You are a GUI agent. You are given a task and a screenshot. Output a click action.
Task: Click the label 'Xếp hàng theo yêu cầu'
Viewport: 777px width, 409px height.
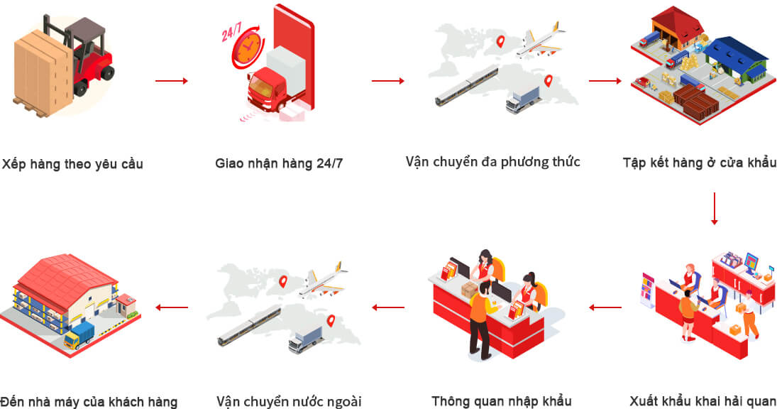(72, 164)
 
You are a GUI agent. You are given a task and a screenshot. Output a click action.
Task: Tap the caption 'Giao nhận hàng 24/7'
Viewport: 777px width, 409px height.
(279, 163)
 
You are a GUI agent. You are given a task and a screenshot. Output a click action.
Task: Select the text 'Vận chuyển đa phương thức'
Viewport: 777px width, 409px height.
(493, 162)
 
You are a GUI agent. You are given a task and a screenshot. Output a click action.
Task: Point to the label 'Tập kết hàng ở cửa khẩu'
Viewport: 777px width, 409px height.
(699, 163)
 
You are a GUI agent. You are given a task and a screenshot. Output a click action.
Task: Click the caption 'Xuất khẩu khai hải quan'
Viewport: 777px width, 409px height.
(702, 401)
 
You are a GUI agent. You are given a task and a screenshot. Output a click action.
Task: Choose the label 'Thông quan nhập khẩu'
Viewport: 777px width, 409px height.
(502, 401)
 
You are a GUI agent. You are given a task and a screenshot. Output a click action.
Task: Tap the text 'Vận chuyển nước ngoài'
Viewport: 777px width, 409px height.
(289, 401)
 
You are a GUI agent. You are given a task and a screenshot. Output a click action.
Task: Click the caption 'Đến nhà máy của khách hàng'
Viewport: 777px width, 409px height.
(89, 401)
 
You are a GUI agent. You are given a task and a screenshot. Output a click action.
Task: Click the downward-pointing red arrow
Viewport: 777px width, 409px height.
(714, 209)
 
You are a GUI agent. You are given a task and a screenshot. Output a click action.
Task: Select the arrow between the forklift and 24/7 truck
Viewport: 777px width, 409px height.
(172, 81)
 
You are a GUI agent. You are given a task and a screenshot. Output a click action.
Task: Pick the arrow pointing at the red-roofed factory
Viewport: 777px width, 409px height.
(172, 307)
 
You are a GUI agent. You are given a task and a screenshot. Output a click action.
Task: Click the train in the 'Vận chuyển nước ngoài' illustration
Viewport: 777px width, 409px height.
(249, 326)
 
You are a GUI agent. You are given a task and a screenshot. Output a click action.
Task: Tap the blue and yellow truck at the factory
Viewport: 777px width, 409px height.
(79, 335)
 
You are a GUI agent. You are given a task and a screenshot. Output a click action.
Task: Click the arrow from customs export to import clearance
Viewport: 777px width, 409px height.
(605, 307)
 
